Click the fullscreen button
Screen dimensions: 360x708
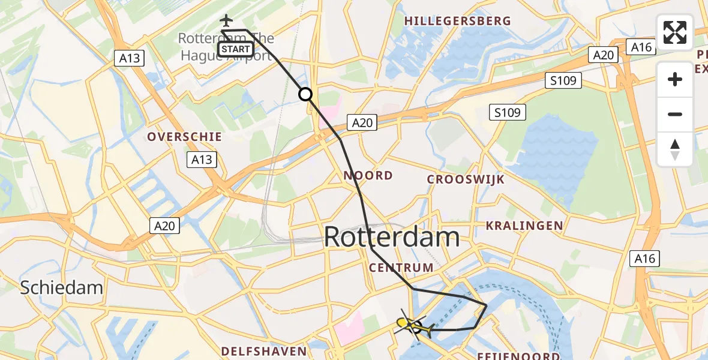point(675,32)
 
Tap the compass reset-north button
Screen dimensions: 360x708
point(675,149)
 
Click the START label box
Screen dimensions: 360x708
point(235,49)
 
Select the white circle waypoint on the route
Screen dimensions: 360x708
point(305,94)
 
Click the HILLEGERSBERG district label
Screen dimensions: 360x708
point(448,21)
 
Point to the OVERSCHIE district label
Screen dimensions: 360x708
point(185,137)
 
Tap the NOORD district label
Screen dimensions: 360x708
point(368,176)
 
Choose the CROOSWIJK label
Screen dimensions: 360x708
point(466,179)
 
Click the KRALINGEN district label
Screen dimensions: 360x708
point(524,226)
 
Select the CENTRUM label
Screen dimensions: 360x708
point(401,268)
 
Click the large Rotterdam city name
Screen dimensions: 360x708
point(392,238)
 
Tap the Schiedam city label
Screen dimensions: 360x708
point(61,287)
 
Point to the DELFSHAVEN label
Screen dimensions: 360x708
point(264,350)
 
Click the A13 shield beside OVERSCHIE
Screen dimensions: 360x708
point(202,160)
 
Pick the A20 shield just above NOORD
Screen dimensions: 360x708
point(362,123)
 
